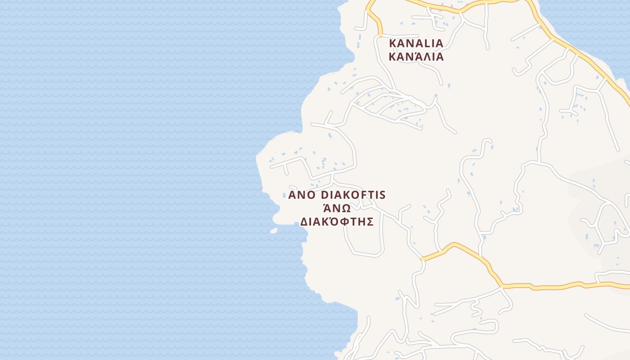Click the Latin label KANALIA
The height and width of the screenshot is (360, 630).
416,43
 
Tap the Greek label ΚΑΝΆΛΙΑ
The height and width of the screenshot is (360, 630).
416,57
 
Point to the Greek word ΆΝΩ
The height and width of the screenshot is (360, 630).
337,208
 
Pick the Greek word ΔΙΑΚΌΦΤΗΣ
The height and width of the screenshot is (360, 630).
337,222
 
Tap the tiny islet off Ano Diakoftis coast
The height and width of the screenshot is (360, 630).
274,230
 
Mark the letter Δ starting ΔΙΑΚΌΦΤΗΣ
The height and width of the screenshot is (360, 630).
304,222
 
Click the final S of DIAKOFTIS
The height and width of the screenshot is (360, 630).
382,195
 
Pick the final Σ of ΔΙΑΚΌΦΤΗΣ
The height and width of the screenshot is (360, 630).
370,222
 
